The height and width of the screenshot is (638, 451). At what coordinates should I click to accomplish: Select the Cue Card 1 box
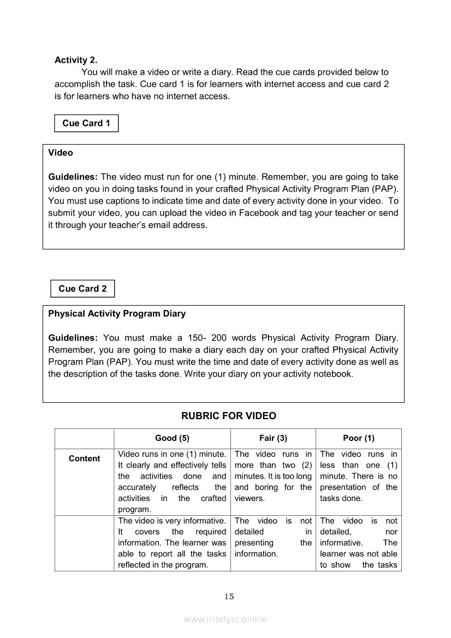(x=86, y=123)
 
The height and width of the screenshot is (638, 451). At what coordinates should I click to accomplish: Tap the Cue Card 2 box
(x=82, y=289)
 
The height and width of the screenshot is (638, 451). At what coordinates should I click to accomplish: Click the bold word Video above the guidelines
(x=61, y=153)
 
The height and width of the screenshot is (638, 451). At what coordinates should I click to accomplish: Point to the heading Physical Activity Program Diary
(x=117, y=314)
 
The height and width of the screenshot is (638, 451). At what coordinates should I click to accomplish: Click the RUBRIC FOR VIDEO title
(x=229, y=416)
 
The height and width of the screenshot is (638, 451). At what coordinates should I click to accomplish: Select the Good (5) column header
(x=172, y=438)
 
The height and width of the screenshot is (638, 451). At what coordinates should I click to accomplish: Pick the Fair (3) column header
(x=273, y=438)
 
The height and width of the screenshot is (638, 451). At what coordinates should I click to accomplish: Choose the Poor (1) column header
(x=359, y=438)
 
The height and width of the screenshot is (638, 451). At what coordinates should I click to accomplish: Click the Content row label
(x=84, y=459)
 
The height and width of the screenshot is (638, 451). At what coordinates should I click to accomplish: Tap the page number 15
(x=229, y=597)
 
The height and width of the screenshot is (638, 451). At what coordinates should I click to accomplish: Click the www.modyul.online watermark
(x=226, y=619)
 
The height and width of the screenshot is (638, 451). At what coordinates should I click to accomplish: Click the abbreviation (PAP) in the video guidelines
(x=387, y=189)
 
